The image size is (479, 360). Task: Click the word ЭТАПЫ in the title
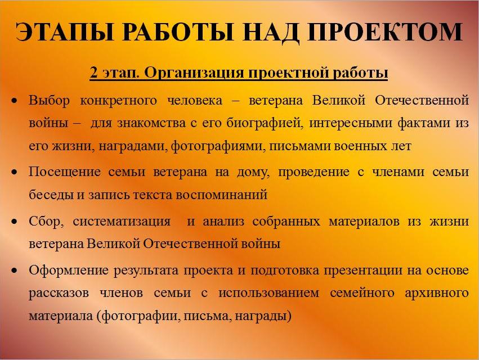(x=64, y=31)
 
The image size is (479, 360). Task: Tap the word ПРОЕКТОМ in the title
(x=385, y=31)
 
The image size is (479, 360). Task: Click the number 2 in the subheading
(x=93, y=73)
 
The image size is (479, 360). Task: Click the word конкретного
(x=118, y=101)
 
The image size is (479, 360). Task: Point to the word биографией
(x=265, y=124)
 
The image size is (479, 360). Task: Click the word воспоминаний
(x=221, y=195)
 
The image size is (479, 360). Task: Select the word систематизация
(x=122, y=222)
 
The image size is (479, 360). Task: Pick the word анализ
(x=223, y=222)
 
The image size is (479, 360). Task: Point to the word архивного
(x=437, y=294)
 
